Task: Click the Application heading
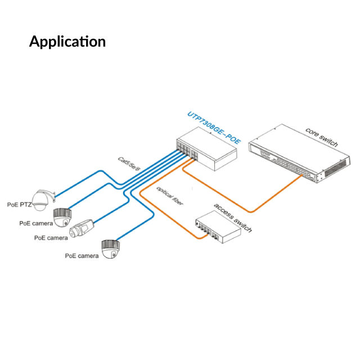point(67,42)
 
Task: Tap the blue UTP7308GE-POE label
point(213,129)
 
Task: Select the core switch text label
point(322,137)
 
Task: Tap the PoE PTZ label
point(19,205)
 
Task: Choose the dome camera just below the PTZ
point(62,216)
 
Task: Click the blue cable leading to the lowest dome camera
point(141,222)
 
